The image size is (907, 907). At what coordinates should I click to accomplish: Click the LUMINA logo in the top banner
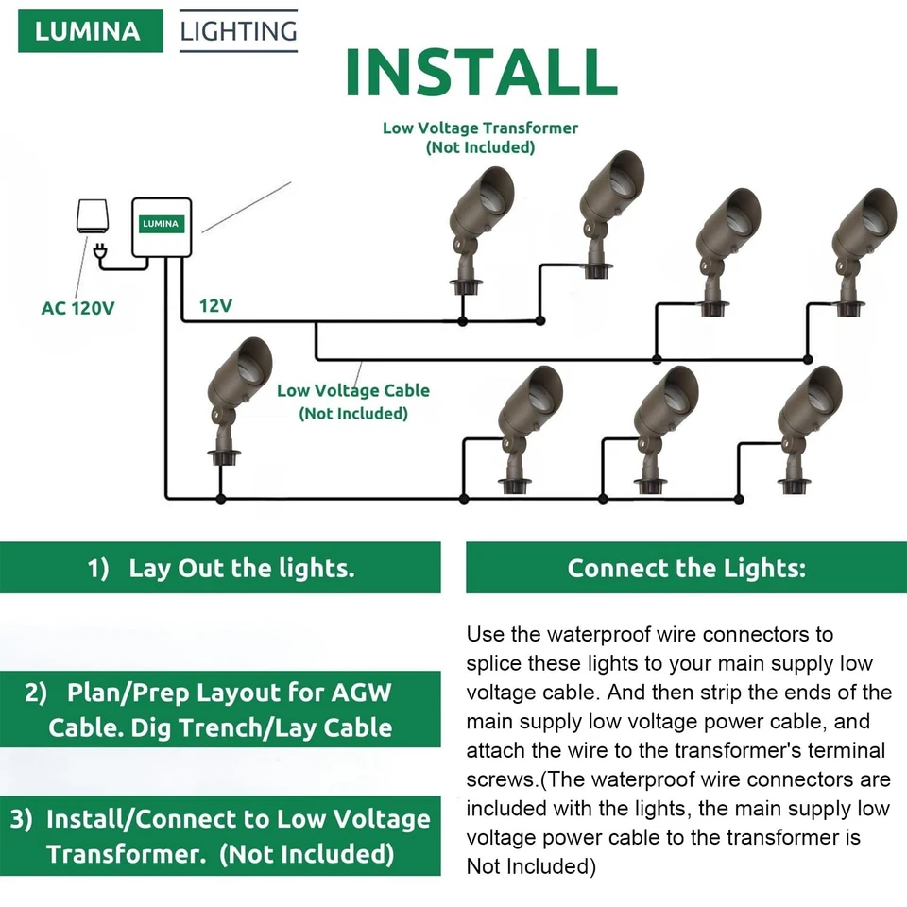(x=90, y=30)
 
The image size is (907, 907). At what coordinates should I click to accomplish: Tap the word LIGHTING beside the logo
(x=238, y=31)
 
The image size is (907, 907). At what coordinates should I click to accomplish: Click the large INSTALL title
(x=481, y=71)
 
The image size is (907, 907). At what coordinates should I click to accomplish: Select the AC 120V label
(x=77, y=308)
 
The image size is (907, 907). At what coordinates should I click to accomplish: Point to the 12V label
(x=215, y=306)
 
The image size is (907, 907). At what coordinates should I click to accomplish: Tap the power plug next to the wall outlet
(x=98, y=250)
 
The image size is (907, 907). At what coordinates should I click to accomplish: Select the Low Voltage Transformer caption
(x=480, y=137)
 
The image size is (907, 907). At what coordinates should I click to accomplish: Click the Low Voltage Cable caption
(x=352, y=401)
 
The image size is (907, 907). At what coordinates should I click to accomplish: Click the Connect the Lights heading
(x=686, y=568)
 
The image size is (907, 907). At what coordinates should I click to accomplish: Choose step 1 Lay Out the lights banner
(x=220, y=568)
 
